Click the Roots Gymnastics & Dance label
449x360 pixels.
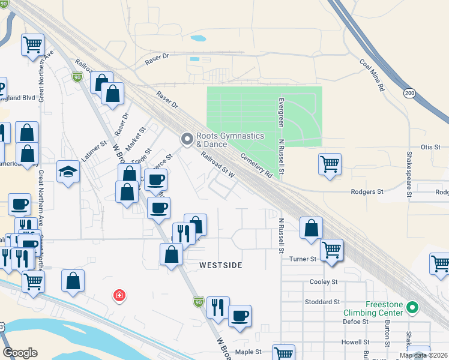(230, 140)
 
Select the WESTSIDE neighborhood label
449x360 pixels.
(221, 265)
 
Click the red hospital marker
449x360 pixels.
(119, 295)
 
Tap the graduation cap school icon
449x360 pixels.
(68, 172)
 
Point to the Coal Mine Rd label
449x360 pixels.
(372, 74)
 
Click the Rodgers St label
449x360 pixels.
(367, 192)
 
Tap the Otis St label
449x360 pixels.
(430, 147)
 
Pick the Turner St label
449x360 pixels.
(303, 259)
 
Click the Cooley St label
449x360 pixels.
(324, 281)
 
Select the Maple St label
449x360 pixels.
(249, 352)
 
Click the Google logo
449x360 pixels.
(20, 353)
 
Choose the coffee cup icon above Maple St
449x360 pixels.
(240, 316)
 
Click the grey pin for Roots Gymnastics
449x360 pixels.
(187, 139)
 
